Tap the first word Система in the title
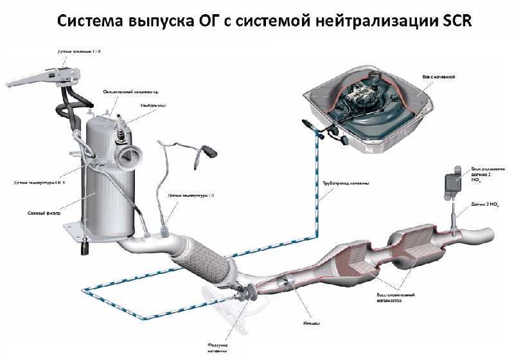[91, 22]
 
